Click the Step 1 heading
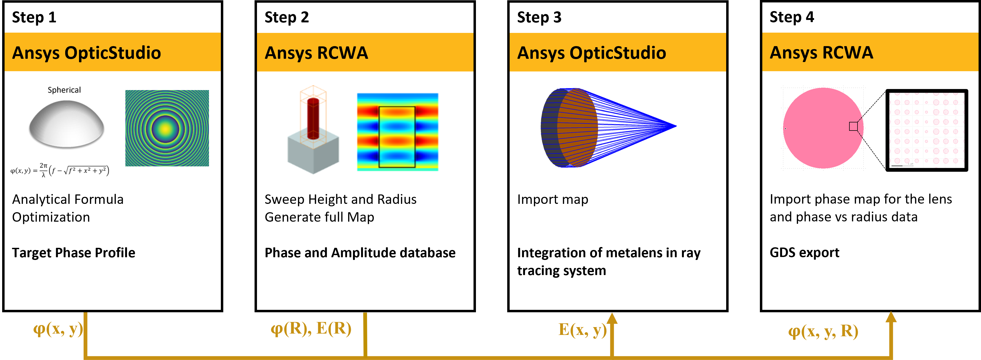34,18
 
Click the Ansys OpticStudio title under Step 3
591,53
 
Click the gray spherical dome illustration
66,124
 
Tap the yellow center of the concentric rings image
166,129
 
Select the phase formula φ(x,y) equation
60,170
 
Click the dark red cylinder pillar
313,118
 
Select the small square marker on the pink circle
853,126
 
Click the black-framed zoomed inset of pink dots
927,130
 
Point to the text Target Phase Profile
74,253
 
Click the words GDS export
804,253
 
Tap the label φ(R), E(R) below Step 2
311,328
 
